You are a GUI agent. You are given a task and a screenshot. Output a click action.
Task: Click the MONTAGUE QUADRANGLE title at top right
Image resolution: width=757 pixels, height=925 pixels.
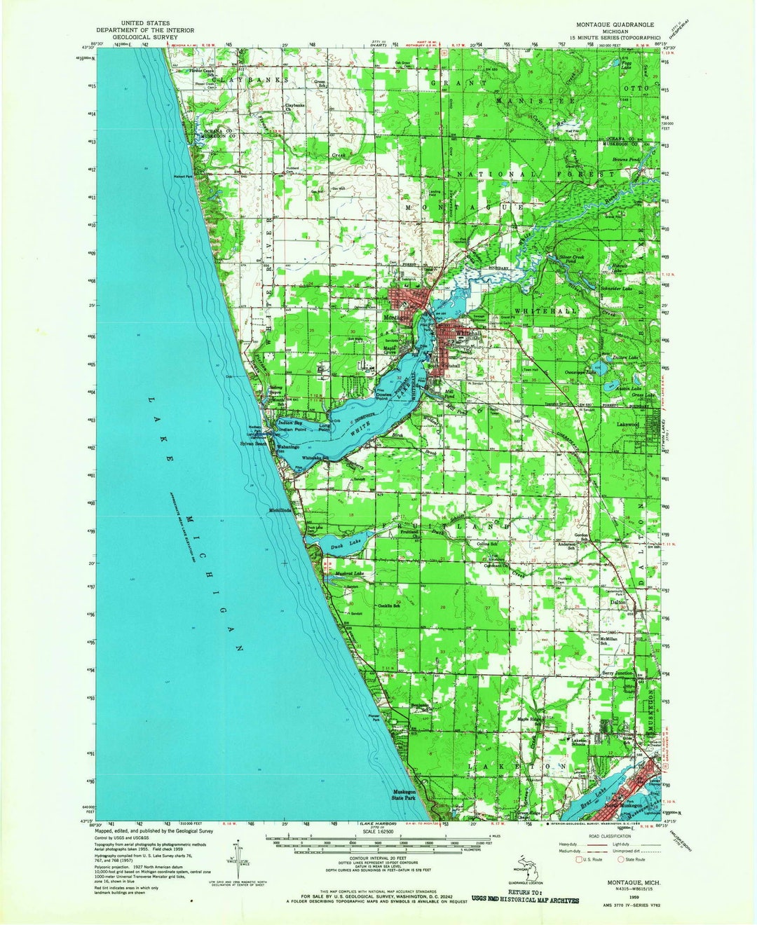pos(615,23)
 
